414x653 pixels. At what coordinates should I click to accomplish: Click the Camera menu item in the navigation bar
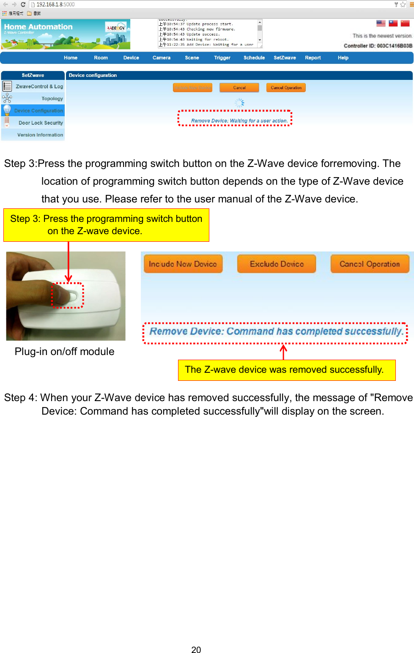click(161, 58)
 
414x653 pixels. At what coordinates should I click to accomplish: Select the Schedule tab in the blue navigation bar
click(254, 58)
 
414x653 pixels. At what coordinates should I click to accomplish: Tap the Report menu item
click(313, 58)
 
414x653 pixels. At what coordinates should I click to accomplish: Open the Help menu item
click(343, 58)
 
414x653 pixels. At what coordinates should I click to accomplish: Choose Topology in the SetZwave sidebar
click(52, 98)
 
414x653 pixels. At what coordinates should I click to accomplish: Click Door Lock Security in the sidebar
click(41, 123)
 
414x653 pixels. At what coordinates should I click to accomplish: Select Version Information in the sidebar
click(40, 135)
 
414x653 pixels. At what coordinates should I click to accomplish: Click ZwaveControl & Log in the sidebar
click(39, 87)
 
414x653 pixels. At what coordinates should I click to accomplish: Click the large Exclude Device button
click(277, 264)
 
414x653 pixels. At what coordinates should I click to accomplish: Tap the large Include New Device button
click(183, 264)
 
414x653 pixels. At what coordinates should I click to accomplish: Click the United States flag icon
click(381, 24)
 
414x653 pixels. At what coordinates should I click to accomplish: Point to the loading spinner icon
click(239, 103)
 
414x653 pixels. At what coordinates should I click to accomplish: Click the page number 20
click(196, 650)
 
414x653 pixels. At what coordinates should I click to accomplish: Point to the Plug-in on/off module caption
click(64, 352)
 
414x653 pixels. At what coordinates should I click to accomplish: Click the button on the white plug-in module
click(72, 296)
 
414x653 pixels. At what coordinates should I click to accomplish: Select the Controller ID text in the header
click(378, 46)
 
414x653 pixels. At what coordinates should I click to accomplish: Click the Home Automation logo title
click(38, 27)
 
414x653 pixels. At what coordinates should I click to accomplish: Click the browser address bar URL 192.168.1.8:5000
click(55, 5)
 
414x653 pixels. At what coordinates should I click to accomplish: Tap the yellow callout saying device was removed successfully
click(286, 370)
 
